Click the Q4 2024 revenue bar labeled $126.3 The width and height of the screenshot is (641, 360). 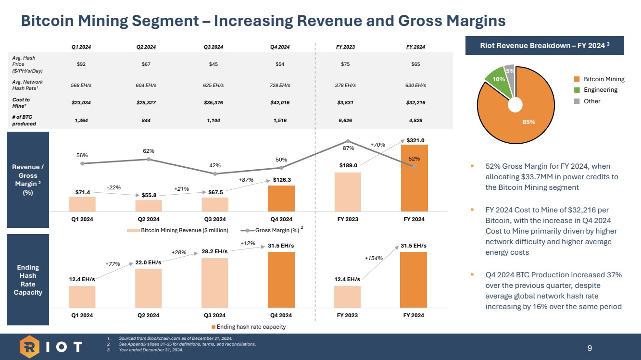281,199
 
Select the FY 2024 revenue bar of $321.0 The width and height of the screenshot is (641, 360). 414,178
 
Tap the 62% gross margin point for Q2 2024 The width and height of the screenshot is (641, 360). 149,159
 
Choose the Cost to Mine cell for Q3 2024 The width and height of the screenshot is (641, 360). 214,103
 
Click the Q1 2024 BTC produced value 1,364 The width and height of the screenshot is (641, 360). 82,121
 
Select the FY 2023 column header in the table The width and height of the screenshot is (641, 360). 347,47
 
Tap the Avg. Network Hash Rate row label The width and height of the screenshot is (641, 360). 24,85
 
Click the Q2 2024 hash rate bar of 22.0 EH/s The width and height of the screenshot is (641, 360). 149,288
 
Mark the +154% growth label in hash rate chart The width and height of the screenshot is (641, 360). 374,258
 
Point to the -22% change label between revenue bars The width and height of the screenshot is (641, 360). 113,188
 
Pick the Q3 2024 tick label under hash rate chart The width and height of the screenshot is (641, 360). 214,315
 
